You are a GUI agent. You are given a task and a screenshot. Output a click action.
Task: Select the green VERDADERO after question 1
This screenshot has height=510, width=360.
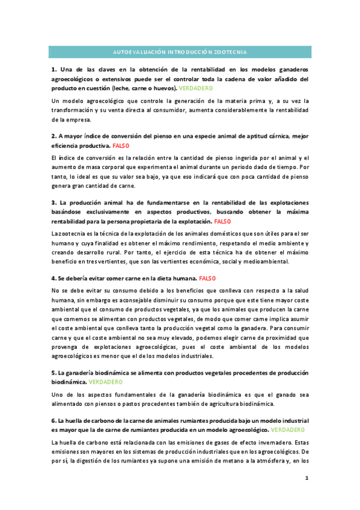[x=195, y=88]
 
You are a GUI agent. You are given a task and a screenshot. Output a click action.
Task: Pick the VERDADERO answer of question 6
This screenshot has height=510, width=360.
[x=287, y=431]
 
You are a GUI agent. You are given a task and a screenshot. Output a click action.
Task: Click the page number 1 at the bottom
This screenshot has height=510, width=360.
[x=307, y=478]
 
